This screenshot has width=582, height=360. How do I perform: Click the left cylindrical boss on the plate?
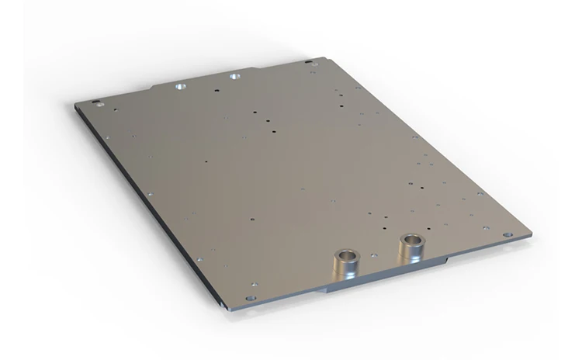click(x=345, y=266)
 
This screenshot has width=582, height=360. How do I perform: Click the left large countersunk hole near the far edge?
click(x=180, y=87)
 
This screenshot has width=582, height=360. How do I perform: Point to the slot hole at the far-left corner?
click(x=96, y=102)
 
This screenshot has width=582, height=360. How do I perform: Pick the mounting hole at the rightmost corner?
click(x=508, y=234)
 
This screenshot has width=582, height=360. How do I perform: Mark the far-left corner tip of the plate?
click(x=76, y=104)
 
